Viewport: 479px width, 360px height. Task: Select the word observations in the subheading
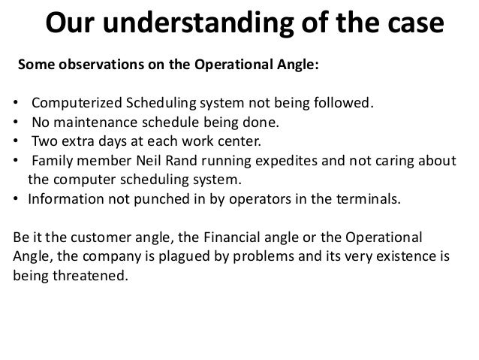[97, 65]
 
